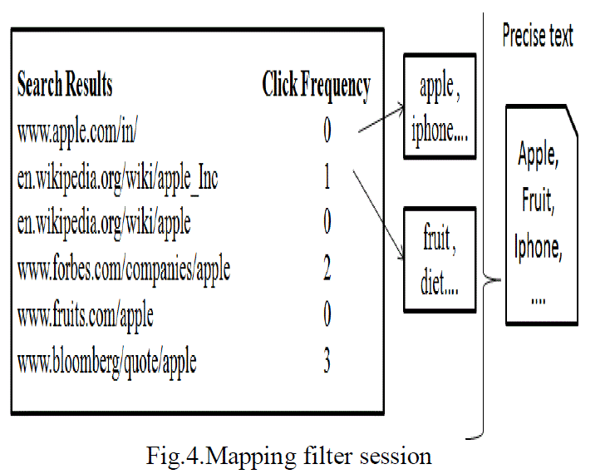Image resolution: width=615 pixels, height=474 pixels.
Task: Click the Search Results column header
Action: click(x=65, y=85)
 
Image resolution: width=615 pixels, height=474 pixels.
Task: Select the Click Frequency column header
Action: click(x=316, y=85)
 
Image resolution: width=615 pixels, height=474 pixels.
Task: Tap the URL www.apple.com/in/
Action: click(x=81, y=131)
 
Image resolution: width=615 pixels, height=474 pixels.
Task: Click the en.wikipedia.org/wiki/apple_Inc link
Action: click(x=117, y=177)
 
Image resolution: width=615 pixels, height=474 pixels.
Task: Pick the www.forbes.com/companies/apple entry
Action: click(x=123, y=269)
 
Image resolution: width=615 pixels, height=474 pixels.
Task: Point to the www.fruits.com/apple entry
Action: click(x=85, y=316)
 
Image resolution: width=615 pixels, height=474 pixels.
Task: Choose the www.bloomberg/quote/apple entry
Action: click(x=106, y=363)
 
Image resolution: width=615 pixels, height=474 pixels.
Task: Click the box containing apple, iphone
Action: click(x=440, y=106)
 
